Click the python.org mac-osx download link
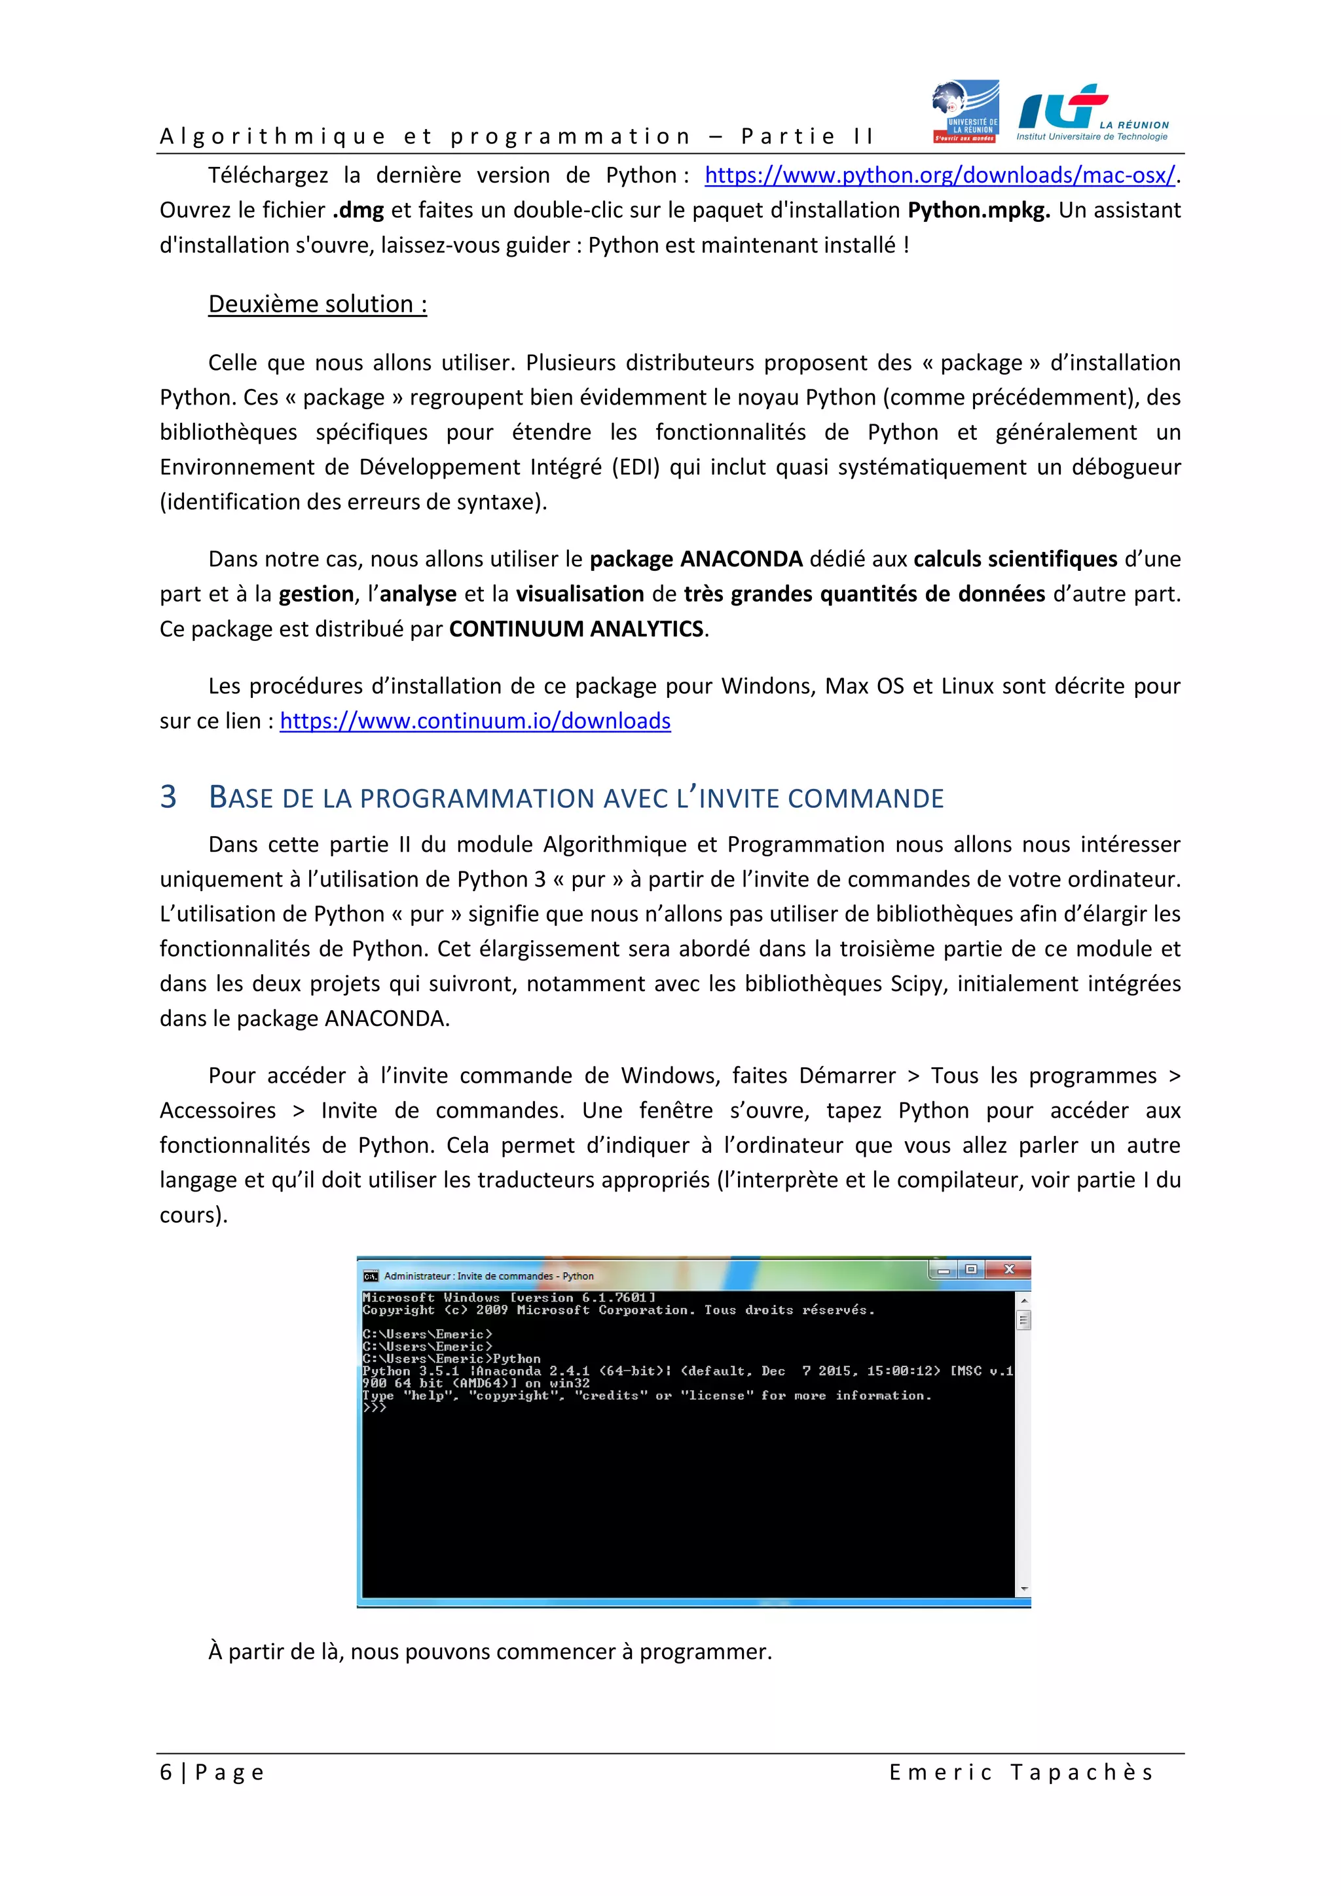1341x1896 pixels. pos(939,175)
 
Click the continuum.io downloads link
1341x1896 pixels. pos(475,721)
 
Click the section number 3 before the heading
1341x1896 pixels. pos(168,797)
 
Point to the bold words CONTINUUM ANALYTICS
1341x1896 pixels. pos(576,629)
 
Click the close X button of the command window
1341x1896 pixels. pos(1009,1269)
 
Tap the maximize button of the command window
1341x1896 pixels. pos(972,1269)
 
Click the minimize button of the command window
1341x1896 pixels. pos(943,1270)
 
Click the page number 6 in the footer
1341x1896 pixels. pos(166,1772)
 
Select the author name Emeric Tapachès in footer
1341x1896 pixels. pos(1021,1772)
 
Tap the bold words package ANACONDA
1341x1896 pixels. pos(695,559)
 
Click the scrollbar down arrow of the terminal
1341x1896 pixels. pos(1024,1588)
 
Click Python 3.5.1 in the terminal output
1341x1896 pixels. pos(411,1371)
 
